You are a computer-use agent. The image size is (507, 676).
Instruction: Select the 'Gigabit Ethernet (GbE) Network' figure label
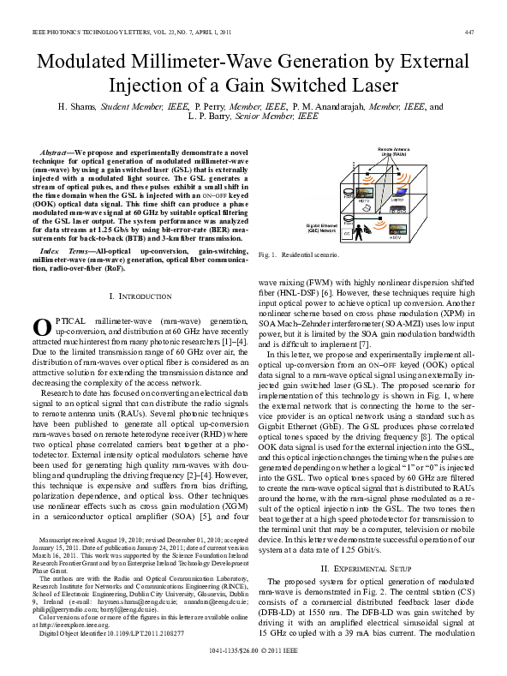[322, 228]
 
